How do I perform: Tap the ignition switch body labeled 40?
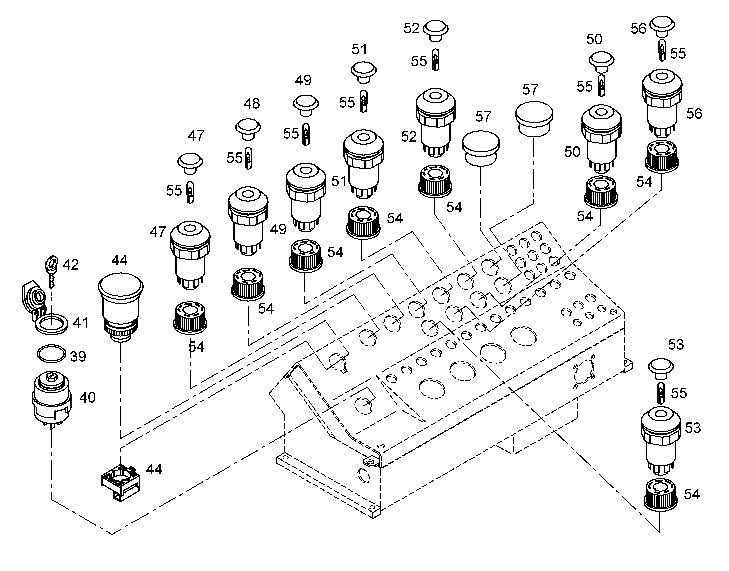click(52, 399)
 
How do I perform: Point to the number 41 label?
click(81, 323)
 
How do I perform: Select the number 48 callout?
click(252, 104)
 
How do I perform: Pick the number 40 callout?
click(88, 397)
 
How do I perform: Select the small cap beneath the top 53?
click(661, 369)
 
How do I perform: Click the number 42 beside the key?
click(71, 264)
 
